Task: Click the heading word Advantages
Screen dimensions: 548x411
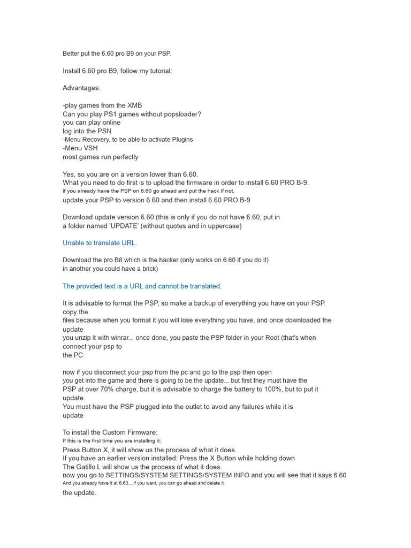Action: coord(81,88)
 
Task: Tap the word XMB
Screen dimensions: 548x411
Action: coord(134,105)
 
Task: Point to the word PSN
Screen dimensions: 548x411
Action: coord(104,131)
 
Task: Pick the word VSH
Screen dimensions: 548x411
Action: coord(91,148)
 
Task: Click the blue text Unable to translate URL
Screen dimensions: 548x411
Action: coord(100,243)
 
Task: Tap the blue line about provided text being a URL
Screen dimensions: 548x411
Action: coord(142,286)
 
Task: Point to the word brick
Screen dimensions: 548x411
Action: coord(147,269)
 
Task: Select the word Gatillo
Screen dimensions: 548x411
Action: coord(87,467)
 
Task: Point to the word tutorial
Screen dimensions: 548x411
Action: coord(158,71)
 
